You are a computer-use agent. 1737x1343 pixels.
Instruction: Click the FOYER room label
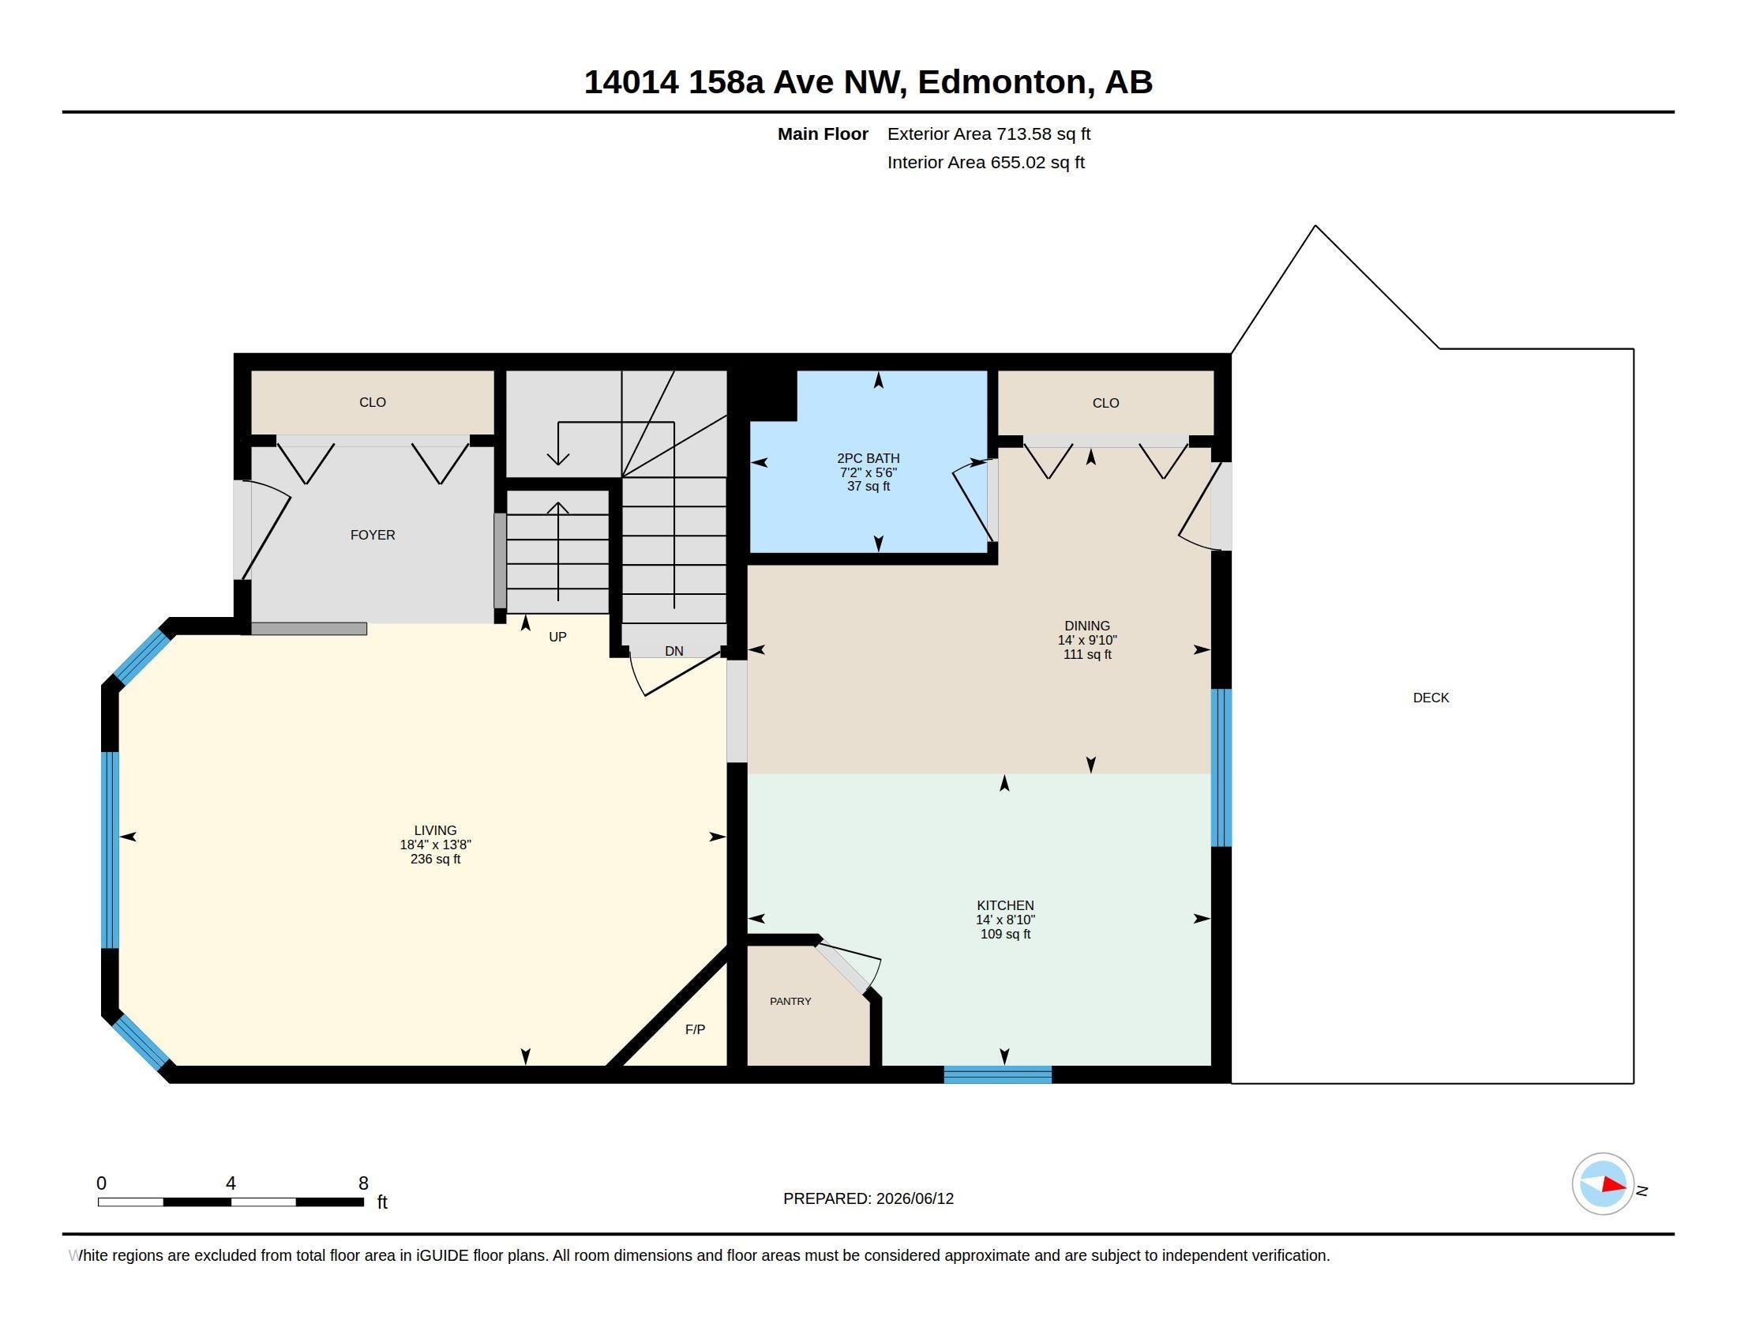pyautogui.click(x=372, y=535)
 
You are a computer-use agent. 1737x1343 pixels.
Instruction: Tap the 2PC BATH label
pyautogui.click(x=868, y=458)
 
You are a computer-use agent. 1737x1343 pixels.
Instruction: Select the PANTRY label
pyautogui.click(x=790, y=1001)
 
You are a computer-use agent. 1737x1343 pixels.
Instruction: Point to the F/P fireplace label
pyautogui.click(x=695, y=1029)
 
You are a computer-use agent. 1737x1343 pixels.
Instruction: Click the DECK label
pyautogui.click(x=1431, y=698)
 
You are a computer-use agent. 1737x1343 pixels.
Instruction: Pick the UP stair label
pyautogui.click(x=557, y=637)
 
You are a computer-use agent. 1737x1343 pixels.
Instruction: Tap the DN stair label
pyautogui.click(x=674, y=651)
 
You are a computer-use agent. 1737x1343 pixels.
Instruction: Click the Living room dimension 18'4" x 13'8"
pyautogui.click(x=436, y=845)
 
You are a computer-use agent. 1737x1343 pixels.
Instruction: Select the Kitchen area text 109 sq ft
pyautogui.click(x=1005, y=934)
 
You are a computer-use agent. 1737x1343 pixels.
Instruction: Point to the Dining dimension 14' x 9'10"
pyautogui.click(x=1087, y=641)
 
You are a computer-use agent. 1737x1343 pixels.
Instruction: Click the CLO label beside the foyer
pyautogui.click(x=372, y=403)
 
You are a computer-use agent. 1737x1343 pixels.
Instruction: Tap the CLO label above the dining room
pyautogui.click(x=1105, y=404)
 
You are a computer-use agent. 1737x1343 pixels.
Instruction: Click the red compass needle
pyautogui.click(x=1614, y=1185)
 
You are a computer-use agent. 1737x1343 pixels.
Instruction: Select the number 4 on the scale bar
pyautogui.click(x=231, y=1183)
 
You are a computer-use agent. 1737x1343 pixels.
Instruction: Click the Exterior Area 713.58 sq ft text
pyautogui.click(x=989, y=134)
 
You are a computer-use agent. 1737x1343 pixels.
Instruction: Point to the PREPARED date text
pyautogui.click(x=868, y=1199)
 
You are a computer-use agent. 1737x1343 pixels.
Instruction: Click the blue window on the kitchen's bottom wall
pyautogui.click(x=997, y=1075)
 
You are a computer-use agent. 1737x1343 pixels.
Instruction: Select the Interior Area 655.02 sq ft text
pyautogui.click(x=986, y=163)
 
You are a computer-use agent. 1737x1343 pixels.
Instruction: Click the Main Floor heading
pyautogui.click(x=823, y=134)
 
